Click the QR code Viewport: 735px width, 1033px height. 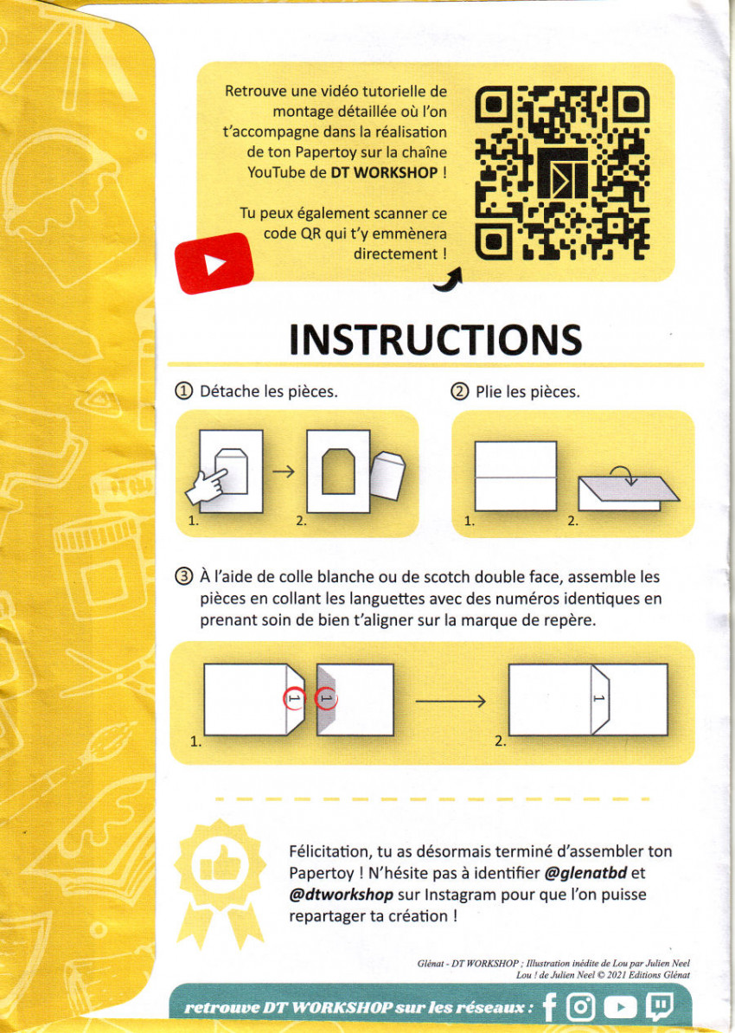[x=562, y=173]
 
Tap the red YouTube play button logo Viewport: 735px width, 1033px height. [x=214, y=263]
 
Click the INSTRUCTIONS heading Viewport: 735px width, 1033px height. [x=435, y=339]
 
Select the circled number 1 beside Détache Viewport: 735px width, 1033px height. [x=183, y=391]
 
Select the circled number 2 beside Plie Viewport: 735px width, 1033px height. [x=459, y=392]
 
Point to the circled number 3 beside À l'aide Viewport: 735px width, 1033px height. [x=183, y=577]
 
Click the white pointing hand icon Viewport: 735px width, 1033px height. [x=207, y=486]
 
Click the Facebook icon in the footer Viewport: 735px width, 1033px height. [x=550, y=1007]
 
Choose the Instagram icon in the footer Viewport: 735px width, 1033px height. [x=581, y=1007]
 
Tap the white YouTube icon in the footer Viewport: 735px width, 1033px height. [x=621, y=1007]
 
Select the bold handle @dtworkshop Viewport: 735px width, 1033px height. [x=342, y=895]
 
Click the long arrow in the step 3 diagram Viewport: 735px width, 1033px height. [x=451, y=701]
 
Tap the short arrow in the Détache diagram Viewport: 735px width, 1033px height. [x=284, y=471]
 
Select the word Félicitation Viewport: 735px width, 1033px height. [x=329, y=851]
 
